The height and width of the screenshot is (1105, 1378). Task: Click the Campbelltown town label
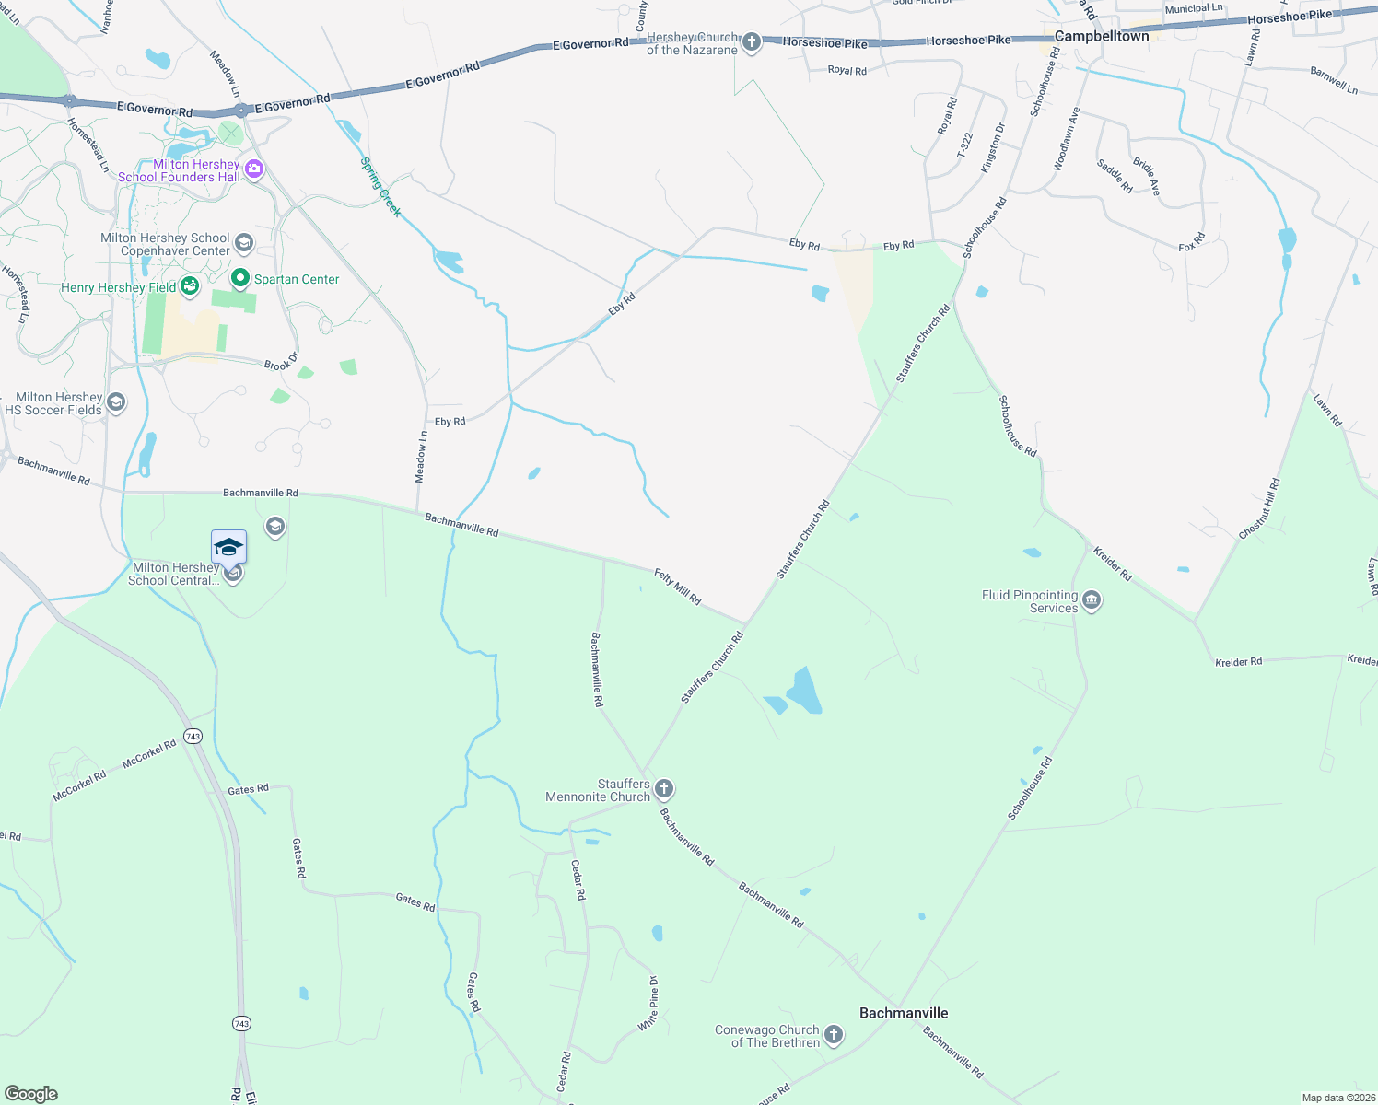click(1102, 36)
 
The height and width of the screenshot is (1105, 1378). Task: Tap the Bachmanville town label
click(903, 1013)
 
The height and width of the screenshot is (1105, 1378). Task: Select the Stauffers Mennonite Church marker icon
click(664, 789)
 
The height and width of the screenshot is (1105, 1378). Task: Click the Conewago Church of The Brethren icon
click(833, 1035)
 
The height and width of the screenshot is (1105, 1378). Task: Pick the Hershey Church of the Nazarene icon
click(752, 42)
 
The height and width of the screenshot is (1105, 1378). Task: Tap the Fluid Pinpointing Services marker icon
click(1092, 601)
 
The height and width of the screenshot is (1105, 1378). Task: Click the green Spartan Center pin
click(240, 278)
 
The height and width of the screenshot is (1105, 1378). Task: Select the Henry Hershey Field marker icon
click(190, 286)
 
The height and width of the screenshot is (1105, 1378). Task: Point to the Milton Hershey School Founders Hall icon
click(254, 169)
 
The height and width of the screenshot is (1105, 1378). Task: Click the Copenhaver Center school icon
click(244, 243)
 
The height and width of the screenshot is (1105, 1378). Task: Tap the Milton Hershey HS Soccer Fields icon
click(116, 402)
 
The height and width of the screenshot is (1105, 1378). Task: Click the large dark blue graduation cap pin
click(228, 547)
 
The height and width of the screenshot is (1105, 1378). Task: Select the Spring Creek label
click(380, 187)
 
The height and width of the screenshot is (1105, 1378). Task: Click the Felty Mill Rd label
click(678, 587)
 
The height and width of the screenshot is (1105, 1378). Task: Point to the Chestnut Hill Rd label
click(1259, 509)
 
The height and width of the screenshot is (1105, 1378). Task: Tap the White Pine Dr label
click(648, 1004)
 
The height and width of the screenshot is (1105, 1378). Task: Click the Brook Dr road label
click(281, 361)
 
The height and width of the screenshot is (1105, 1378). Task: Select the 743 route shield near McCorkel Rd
click(193, 737)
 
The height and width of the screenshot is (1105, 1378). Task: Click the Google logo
click(31, 1093)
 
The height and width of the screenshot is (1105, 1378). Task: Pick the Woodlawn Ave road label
click(1066, 139)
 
